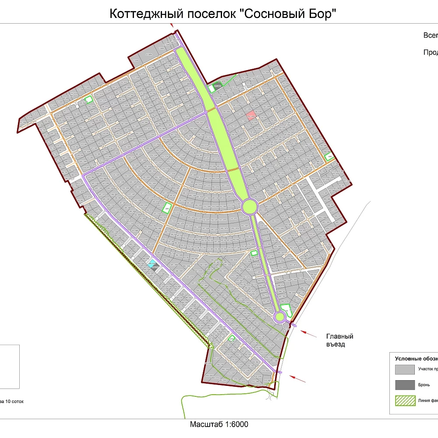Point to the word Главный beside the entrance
339,336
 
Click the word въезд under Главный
336,344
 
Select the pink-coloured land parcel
251,115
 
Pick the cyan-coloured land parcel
152,264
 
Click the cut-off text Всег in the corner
430,35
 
